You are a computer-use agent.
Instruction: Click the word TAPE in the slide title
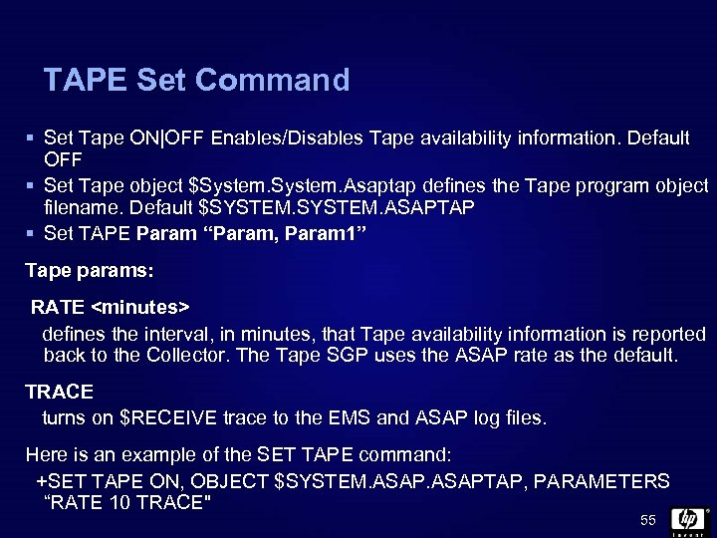[85, 80]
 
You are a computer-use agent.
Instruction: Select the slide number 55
[648, 521]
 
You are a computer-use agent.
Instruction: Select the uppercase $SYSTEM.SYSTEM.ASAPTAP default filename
[338, 207]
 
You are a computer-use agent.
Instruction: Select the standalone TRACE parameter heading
[59, 393]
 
